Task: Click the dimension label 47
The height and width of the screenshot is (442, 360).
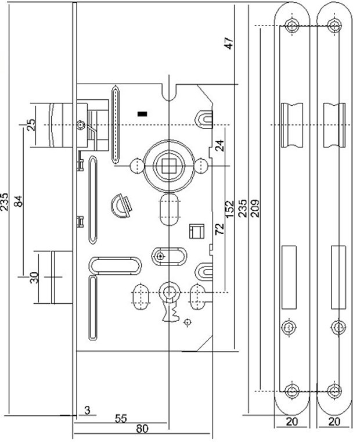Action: (x=229, y=43)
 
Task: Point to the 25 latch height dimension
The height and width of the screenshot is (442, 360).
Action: (x=31, y=125)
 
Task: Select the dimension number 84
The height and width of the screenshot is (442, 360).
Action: (x=19, y=201)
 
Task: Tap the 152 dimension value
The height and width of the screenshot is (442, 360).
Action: (x=229, y=209)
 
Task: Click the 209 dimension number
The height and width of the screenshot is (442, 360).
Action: (x=255, y=209)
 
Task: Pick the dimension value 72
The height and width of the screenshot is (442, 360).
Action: (x=219, y=229)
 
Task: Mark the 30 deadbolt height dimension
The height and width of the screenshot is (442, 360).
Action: (x=34, y=278)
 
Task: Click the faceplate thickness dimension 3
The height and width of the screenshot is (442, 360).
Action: (x=88, y=410)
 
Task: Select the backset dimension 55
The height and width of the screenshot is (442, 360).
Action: (x=121, y=419)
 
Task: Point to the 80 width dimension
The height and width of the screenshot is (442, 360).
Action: (x=142, y=429)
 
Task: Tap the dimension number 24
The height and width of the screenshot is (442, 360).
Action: (x=219, y=145)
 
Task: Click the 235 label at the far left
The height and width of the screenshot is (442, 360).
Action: (x=5, y=202)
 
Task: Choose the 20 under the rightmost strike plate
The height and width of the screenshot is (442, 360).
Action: (x=334, y=422)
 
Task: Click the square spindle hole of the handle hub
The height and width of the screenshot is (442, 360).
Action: (x=168, y=166)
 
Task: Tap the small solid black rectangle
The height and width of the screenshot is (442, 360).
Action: (x=142, y=114)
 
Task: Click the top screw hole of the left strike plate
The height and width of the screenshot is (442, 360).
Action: (x=291, y=26)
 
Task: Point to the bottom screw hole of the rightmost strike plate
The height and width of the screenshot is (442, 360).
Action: (x=334, y=391)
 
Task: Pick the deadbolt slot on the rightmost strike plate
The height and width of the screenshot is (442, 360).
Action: (x=339, y=277)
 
